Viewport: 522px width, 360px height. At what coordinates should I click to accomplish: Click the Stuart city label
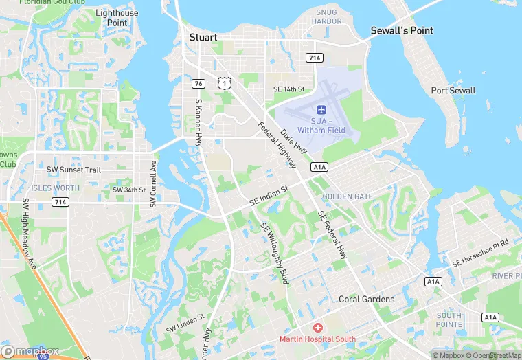(x=203, y=37)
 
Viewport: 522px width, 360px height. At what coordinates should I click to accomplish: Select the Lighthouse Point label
(x=117, y=18)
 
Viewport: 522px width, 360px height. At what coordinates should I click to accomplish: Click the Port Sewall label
(x=453, y=91)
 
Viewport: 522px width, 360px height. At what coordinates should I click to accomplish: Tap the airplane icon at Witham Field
(x=321, y=109)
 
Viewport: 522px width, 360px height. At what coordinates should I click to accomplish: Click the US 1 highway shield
(x=223, y=82)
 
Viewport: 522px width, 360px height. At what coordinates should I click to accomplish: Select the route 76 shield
(x=197, y=83)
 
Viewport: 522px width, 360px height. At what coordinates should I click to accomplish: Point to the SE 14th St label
(x=288, y=89)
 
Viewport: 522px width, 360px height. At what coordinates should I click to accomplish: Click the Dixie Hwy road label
(x=293, y=137)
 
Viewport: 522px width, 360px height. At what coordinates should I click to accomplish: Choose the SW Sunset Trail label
(x=73, y=170)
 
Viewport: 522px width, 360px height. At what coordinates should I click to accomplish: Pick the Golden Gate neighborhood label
(x=348, y=196)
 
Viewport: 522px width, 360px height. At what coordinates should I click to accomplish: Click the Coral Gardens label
(x=367, y=300)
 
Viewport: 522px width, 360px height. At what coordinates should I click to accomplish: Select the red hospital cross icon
(x=317, y=328)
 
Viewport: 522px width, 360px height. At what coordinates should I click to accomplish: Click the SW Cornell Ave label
(x=153, y=185)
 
